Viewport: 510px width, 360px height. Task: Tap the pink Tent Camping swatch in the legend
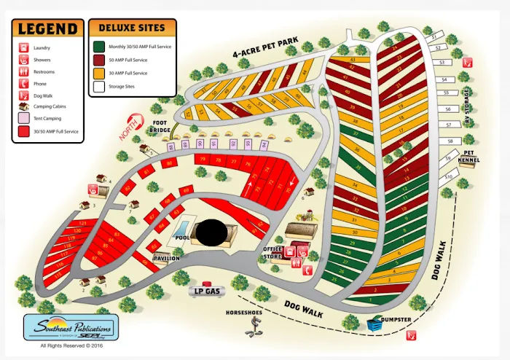21,119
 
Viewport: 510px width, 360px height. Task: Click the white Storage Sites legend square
98,86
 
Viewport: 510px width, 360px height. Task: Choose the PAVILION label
166,257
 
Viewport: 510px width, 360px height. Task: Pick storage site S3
442,63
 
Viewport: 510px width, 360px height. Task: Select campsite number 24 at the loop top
395,48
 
